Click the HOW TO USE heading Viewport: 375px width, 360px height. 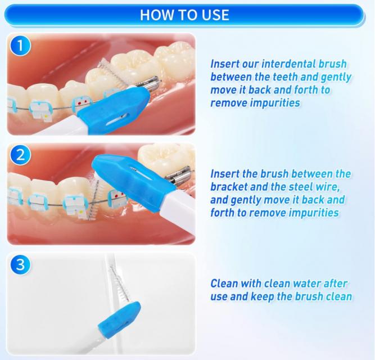184,15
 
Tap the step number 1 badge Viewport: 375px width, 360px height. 20,46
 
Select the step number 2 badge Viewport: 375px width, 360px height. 20,155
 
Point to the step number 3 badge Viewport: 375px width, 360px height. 20,265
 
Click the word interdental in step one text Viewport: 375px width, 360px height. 288,64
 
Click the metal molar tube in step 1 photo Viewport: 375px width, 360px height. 148,84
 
